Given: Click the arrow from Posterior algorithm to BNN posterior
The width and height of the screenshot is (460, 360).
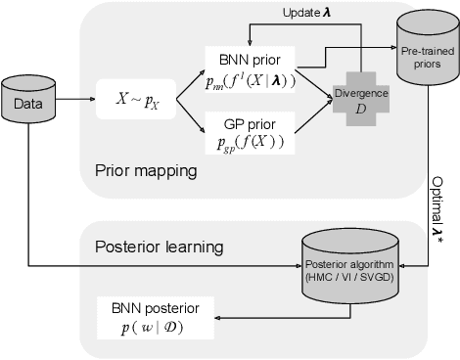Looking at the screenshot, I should (256, 317).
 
